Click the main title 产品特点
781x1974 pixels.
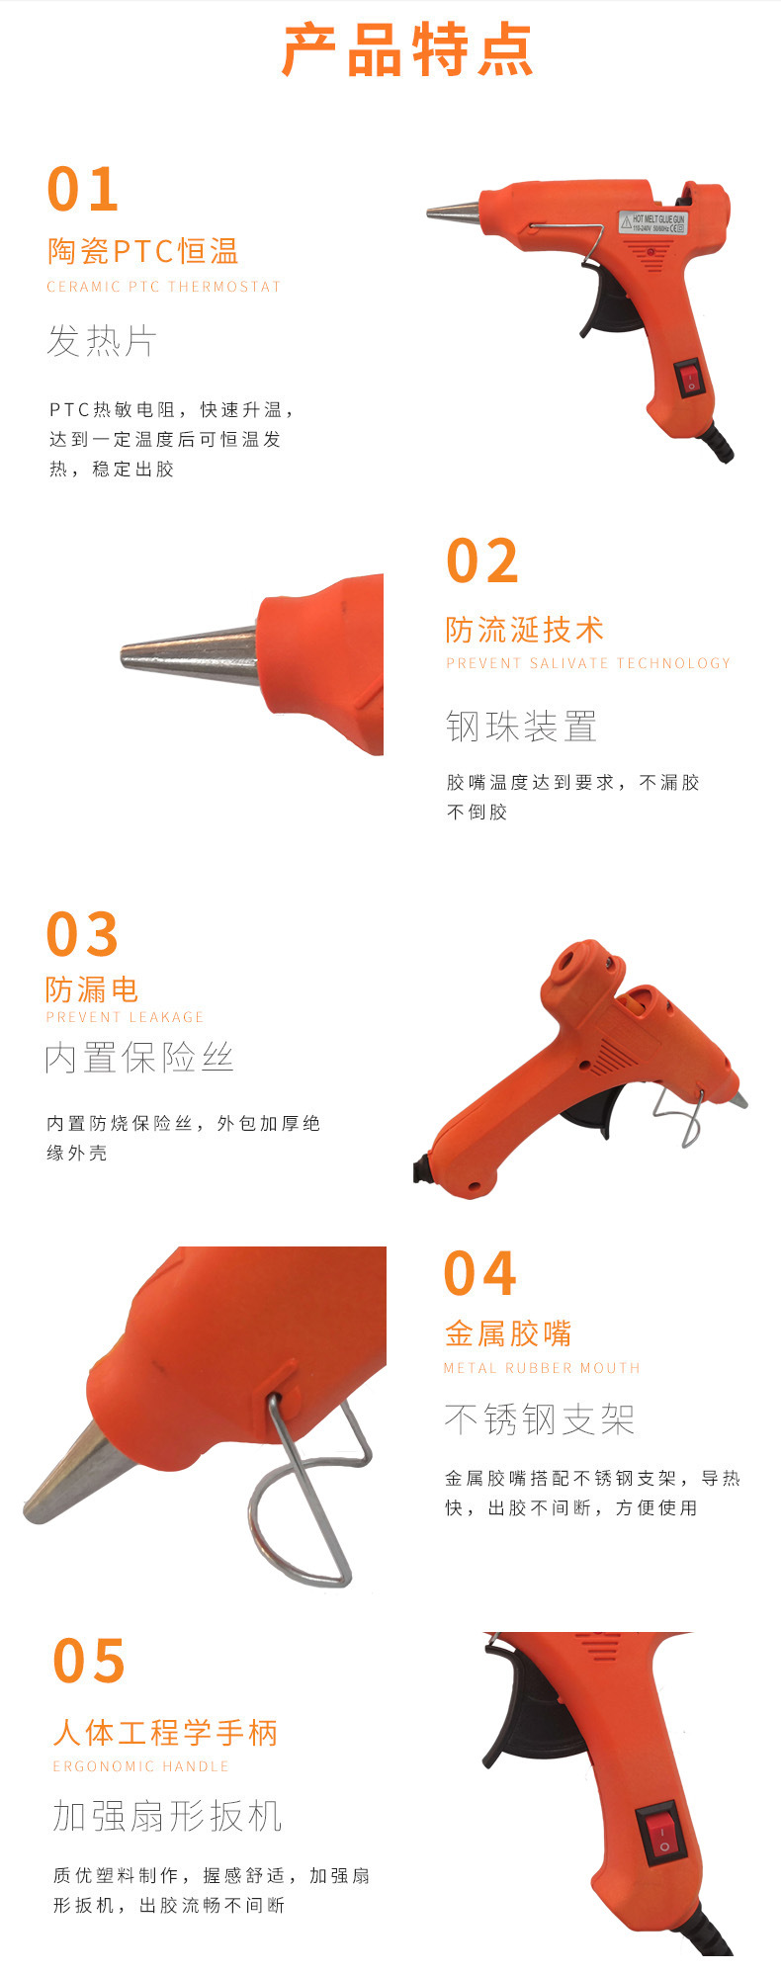(407, 50)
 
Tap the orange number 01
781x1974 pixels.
(83, 189)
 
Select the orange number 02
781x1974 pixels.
(482, 561)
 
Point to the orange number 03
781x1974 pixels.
(82, 935)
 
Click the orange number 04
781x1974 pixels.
(480, 1273)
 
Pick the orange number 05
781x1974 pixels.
(89, 1661)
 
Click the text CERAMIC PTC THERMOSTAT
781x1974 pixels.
(164, 287)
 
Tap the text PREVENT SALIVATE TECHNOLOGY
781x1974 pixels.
(588, 663)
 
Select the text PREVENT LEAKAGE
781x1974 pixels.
(125, 1017)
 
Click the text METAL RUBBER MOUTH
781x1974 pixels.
(542, 1368)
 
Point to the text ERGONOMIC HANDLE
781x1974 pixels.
(140, 1766)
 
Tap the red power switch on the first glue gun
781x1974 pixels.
(690, 378)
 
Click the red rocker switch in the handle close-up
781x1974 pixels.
(660, 1836)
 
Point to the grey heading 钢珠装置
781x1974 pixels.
(521, 727)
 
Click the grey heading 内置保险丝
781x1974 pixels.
(139, 1059)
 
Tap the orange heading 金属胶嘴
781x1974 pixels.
(508, 1333)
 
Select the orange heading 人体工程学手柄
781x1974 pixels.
(165, 1732)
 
